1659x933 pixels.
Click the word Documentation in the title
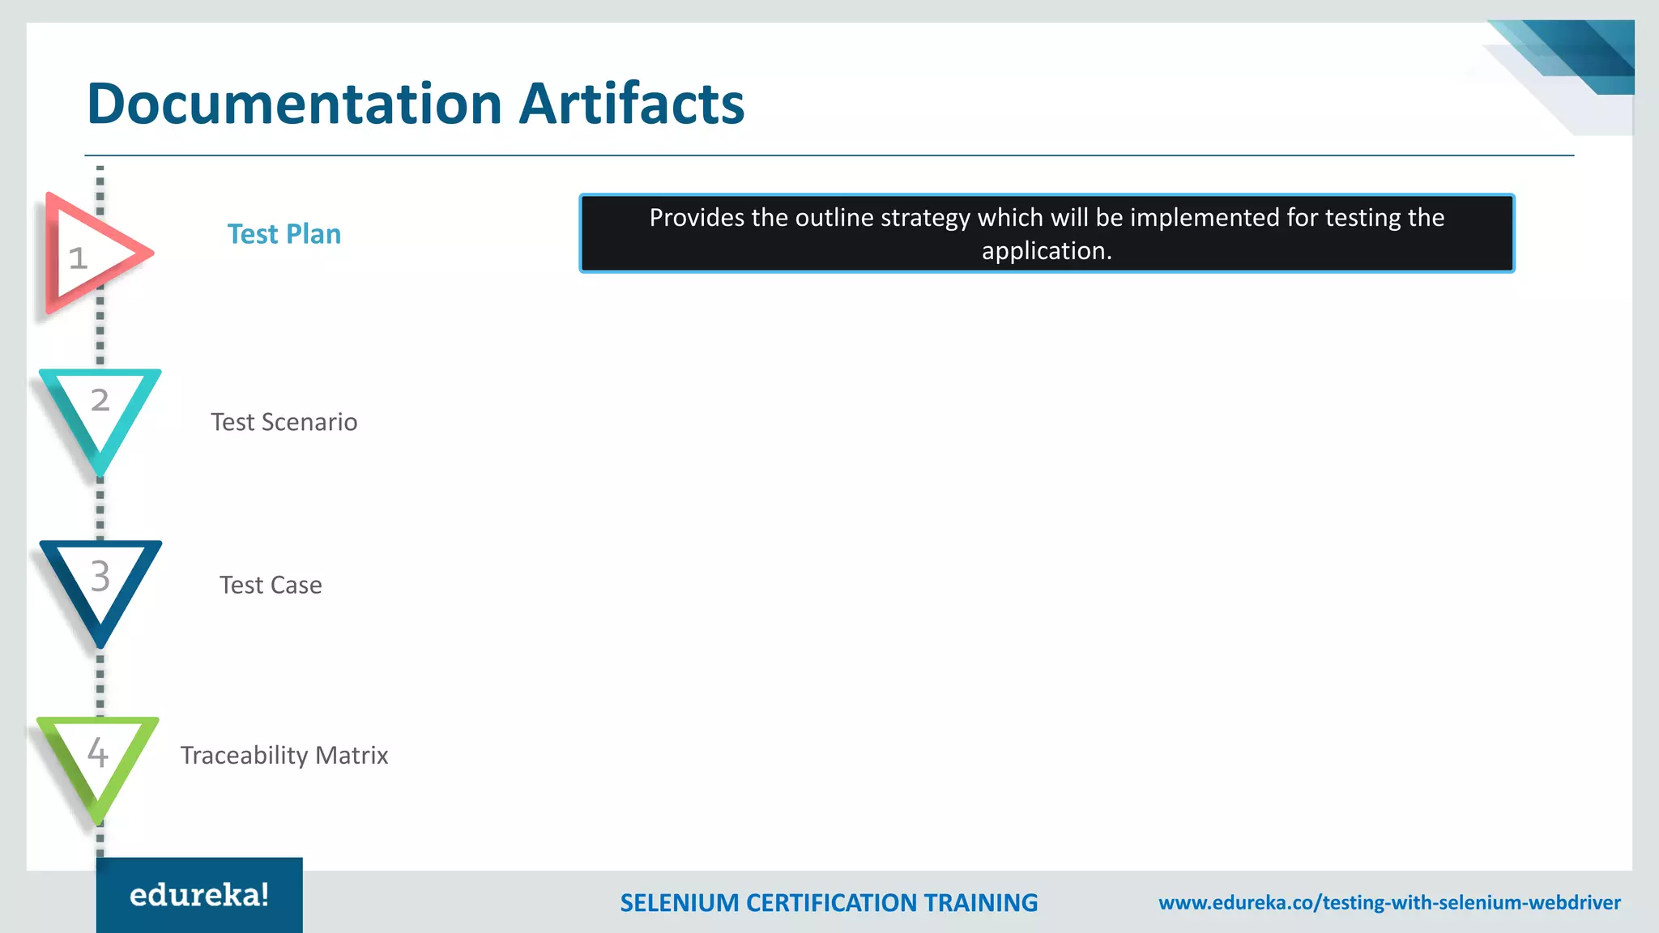click(296, 104)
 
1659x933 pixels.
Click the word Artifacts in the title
click(631, 104)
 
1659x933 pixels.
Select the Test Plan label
click(284, 234)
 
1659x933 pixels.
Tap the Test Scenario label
click(284, 422)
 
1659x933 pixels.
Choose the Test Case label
click(271, 585)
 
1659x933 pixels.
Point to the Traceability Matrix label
click(284, 755)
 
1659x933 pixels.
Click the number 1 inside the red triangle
click(78, 259)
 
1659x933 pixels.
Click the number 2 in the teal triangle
click(100, 400)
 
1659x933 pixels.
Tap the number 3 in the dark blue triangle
click(100, 577)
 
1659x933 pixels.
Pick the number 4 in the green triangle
click(98, 753)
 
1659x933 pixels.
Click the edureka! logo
click(199, 895)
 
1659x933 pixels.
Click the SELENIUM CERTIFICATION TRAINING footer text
click(829, 902)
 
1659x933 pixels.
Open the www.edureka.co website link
click(1389, 902)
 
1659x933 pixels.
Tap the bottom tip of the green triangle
click(99, 820)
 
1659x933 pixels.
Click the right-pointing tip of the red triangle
click(150, 253)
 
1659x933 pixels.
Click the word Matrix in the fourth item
click(352, 755)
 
